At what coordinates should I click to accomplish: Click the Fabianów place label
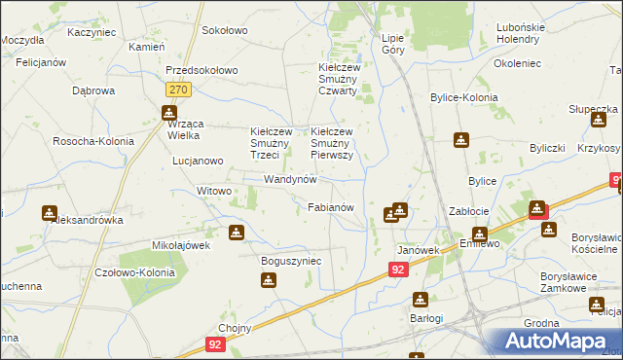point(337,207)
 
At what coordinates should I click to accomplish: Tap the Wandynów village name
point(291,180)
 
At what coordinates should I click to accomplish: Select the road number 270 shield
point(176,90)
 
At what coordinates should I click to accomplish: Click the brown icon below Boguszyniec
point(269,281)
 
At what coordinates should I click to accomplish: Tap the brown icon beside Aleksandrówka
point(50,213)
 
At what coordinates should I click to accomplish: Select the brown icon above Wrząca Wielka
point(167,112)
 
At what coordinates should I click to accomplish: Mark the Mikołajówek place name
point(181,245)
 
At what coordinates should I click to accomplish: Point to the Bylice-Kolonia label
point(464,98)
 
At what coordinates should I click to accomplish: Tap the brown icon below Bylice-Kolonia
point(460,140)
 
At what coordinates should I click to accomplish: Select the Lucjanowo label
point(202,161)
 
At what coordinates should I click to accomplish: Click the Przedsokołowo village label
point(202,71)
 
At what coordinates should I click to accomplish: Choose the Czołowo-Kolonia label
point(135,272)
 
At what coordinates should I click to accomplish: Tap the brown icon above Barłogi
point(420,300)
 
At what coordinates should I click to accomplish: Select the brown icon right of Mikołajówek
point(236,233)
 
